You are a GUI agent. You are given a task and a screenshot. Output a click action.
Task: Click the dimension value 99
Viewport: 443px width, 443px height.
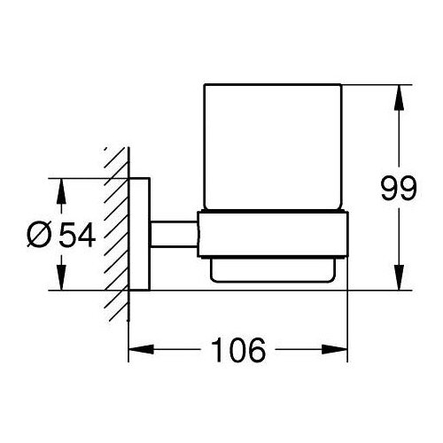399,189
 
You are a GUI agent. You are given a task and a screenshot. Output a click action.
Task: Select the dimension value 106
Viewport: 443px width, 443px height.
238,350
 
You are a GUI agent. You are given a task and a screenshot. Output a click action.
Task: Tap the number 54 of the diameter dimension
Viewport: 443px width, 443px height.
77,235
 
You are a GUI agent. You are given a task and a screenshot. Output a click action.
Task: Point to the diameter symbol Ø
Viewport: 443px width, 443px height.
39,235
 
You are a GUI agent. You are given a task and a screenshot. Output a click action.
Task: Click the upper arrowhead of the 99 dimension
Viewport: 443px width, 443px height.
399,97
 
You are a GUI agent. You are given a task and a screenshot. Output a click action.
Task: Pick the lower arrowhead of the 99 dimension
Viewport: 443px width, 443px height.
399,277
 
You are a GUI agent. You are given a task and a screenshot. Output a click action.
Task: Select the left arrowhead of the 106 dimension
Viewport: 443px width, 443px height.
141,350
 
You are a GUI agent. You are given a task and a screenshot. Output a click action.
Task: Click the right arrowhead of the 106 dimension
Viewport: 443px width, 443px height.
335,350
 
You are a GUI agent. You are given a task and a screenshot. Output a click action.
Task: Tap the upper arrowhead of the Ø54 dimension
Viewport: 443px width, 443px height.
61,191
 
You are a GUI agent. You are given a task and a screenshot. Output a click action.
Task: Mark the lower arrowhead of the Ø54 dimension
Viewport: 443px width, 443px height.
61,277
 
